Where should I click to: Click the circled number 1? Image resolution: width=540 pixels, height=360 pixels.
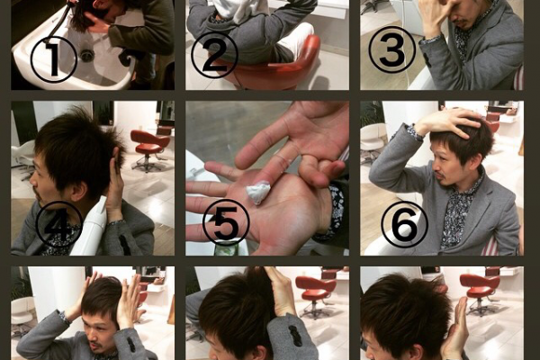pyautogui.click(x=54, y=58)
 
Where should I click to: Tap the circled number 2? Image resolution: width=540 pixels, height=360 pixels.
pyautogui.click(x=214, y=56)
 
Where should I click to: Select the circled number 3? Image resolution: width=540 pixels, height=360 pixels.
pyautogui.click(x=391, y=49)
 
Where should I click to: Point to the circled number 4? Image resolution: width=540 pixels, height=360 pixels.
pyautogui.click(x=59, y=224)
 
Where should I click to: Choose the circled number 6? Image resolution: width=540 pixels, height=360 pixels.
pyautogui.click(x=404, y=224)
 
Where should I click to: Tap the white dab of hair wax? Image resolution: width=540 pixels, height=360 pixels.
pyautogui.click(x=256, y=193)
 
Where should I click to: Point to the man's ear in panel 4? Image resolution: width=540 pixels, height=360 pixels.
pyautogui.click(x=80, y=191)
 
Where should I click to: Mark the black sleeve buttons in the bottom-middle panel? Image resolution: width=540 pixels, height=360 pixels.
pyautogui.click(x=292, y=335)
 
